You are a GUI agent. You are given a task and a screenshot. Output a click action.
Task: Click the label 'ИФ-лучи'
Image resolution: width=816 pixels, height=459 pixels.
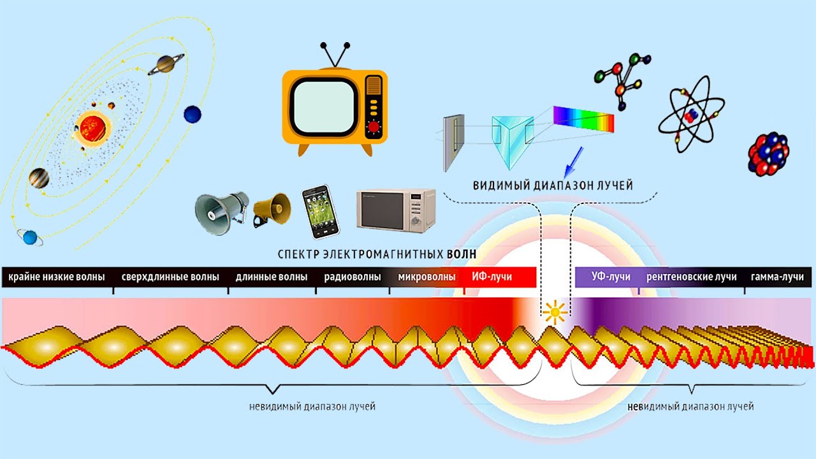(x=492, y=277)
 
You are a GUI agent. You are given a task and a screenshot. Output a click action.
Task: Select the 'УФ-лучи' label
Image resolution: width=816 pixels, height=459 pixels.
(x=611, y=277)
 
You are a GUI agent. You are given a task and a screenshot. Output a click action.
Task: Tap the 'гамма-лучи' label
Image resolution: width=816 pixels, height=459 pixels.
(x=777, y=277)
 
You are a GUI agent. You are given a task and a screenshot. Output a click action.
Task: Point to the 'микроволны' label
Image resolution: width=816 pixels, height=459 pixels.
(x=426, y=277)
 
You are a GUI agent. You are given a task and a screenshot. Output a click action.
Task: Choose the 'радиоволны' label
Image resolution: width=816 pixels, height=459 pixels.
(x=353, y=277)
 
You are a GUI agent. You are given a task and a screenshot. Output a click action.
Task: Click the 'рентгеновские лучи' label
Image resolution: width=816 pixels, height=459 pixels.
(x=692, y=277)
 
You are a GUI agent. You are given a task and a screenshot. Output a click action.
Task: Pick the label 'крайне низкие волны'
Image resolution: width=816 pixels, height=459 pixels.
(x=57, y=277)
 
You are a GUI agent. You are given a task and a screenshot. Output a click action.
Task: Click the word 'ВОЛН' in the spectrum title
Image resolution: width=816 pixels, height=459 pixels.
(x=462, y=254)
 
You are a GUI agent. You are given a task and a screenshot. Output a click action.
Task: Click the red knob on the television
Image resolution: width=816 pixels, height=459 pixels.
(x=374, y=127)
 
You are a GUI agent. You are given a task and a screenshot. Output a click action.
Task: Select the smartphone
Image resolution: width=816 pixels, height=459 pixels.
(x=321, y=212)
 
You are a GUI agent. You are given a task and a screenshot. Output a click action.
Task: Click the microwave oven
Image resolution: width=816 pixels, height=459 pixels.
(x=396, y=210)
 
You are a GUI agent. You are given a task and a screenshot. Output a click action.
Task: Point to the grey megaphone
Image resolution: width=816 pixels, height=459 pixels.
(x=221, y=213)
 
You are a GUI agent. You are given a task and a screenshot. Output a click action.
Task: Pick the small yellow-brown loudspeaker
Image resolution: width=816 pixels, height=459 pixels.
(x=272, y=210)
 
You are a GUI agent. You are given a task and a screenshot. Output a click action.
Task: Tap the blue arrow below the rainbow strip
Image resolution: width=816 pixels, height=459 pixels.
(x=573, y=163)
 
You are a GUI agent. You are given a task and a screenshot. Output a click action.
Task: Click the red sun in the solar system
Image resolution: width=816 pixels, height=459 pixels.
(x=92, y=128)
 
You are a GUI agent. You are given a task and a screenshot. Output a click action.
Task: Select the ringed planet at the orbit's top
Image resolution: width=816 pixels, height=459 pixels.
(x=166, y=64)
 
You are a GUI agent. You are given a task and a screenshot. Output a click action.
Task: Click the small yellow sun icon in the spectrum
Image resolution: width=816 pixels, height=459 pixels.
(x=555, y=312)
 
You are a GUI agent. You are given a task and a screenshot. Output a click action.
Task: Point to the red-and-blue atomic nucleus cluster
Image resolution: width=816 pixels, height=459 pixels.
(x=769, y=154)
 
